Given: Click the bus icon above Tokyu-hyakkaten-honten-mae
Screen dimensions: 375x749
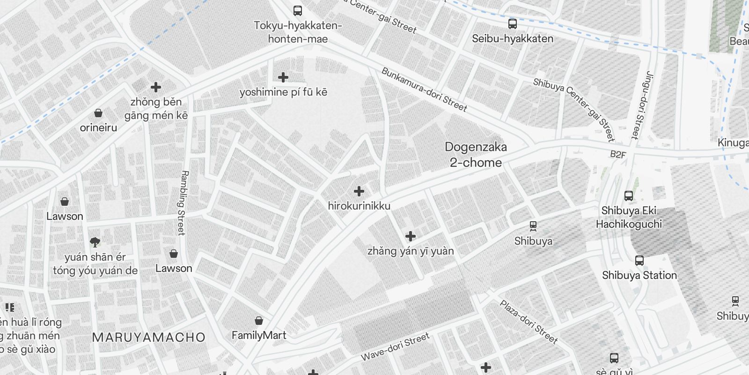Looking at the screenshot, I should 297,10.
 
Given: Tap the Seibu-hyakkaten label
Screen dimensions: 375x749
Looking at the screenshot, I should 512,38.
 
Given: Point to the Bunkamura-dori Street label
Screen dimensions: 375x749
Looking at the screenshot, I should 424,90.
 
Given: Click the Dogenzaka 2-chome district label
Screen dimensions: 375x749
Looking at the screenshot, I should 476,155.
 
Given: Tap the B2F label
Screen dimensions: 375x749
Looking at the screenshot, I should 618,154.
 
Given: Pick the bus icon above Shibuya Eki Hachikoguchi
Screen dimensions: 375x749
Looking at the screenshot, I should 629,196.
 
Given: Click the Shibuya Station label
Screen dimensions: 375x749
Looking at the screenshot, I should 639,275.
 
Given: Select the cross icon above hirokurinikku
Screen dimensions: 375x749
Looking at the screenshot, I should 359,191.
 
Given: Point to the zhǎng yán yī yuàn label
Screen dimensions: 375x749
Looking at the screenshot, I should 411,251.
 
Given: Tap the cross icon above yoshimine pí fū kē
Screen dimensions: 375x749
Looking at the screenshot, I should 283,77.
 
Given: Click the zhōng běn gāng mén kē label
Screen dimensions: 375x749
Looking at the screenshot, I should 156,108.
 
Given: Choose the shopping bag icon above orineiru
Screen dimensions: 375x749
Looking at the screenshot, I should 98,113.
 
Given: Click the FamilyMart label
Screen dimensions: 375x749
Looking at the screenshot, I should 259,335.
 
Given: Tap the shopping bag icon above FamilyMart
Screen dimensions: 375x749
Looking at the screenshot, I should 258,321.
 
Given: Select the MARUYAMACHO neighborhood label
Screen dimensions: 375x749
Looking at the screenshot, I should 149,337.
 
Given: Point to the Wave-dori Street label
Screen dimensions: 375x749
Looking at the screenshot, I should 395,347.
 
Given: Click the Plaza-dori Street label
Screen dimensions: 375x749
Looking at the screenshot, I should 529,322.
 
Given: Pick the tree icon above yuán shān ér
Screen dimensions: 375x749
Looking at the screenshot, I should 95,242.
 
